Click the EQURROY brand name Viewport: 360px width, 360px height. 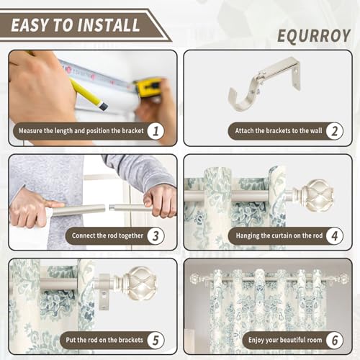coord(314,36)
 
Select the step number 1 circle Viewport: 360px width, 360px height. coord(156,131)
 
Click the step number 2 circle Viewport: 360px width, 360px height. coord(334,131)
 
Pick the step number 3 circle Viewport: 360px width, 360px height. coord(156,235)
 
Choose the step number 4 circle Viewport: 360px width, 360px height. coord(334,235)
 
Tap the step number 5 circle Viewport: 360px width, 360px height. coord(156,341)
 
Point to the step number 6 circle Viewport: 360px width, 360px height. coord(334,341)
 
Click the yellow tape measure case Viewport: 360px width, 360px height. coord(148,87)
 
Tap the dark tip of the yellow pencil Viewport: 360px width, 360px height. coord(103,107)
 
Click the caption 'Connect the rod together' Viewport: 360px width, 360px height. coord(107,235)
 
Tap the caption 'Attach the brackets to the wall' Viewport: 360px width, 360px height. coord(279,131)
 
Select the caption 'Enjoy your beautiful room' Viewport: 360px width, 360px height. coord(285,340)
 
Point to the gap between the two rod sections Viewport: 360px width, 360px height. coord(107,207)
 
